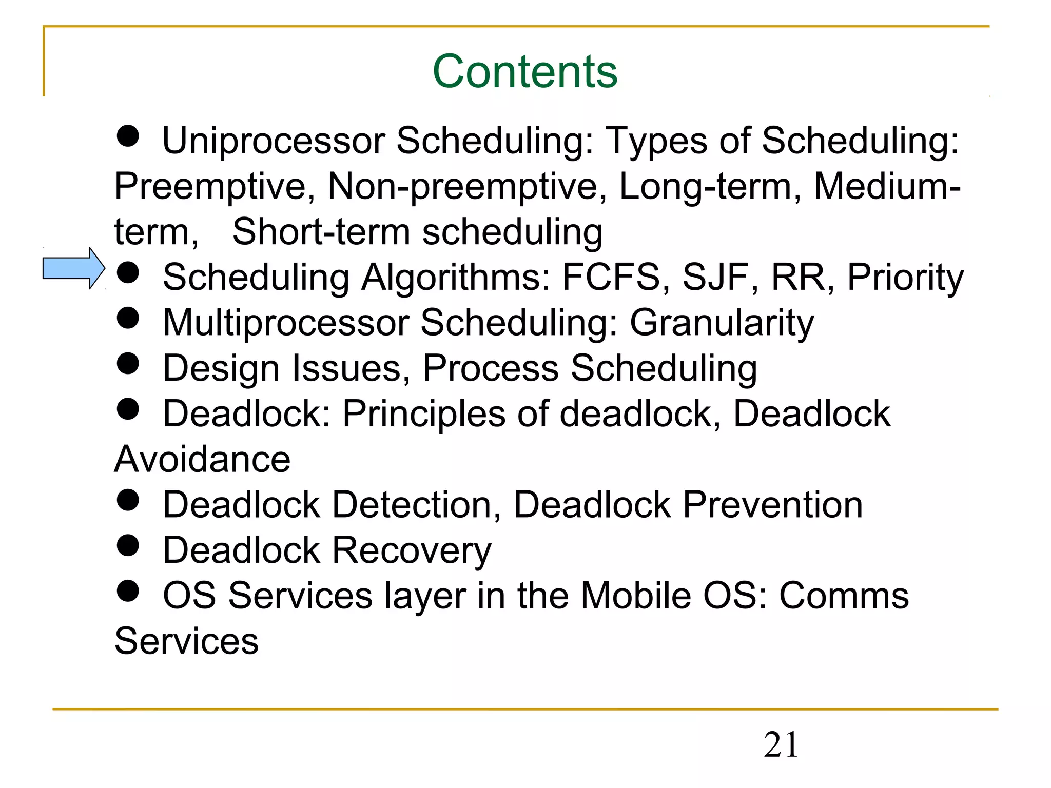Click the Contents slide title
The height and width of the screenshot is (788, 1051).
point(524,71)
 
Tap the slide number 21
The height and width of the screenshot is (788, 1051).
point(781,744)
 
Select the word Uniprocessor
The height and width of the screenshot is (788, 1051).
point(274,141)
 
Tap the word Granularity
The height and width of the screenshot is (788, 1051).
point(722,323)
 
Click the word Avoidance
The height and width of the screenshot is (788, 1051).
point(202,459)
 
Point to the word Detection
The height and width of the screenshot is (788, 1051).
point(416,505)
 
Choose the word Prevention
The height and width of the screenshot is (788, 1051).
point(773,505)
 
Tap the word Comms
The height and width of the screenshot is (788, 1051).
point(844,596)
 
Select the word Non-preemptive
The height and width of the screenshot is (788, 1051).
point(462,186)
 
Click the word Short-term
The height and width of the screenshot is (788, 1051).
point(321,232)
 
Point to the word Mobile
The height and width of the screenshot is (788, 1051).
point(636,596)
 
